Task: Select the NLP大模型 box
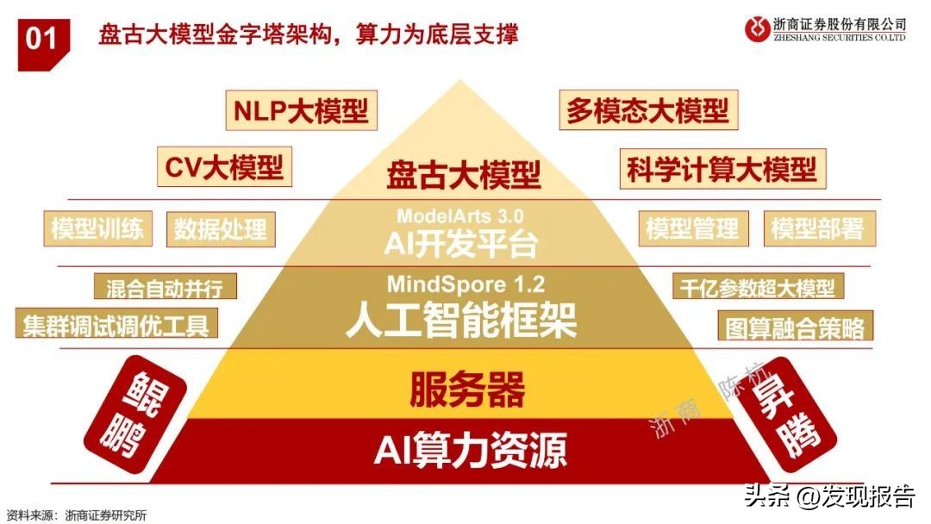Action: point(301,111)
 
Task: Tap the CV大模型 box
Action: point(224,166)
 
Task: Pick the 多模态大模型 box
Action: point(647,111)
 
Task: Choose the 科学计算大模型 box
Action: point(721,168)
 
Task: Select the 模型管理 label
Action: point(692,228)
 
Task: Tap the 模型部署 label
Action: point(817,228)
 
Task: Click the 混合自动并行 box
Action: point(164,286)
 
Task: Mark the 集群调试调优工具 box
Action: point(116,326)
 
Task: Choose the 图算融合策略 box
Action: point(794,327)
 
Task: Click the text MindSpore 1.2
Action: point(465,284)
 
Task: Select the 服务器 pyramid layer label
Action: point(466,390)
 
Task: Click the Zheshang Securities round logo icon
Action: point(758,28)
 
